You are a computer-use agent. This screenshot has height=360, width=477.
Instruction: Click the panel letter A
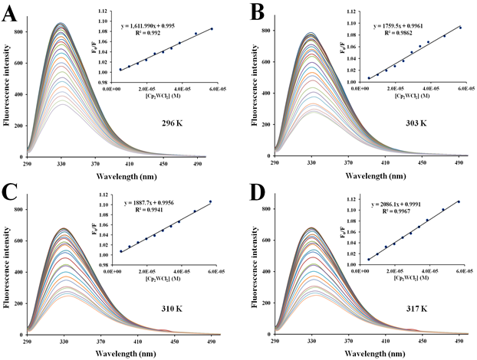pyautogui.click(x=11, y=13)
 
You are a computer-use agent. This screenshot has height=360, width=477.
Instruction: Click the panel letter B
pyautogui.click(x=254, y=13)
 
